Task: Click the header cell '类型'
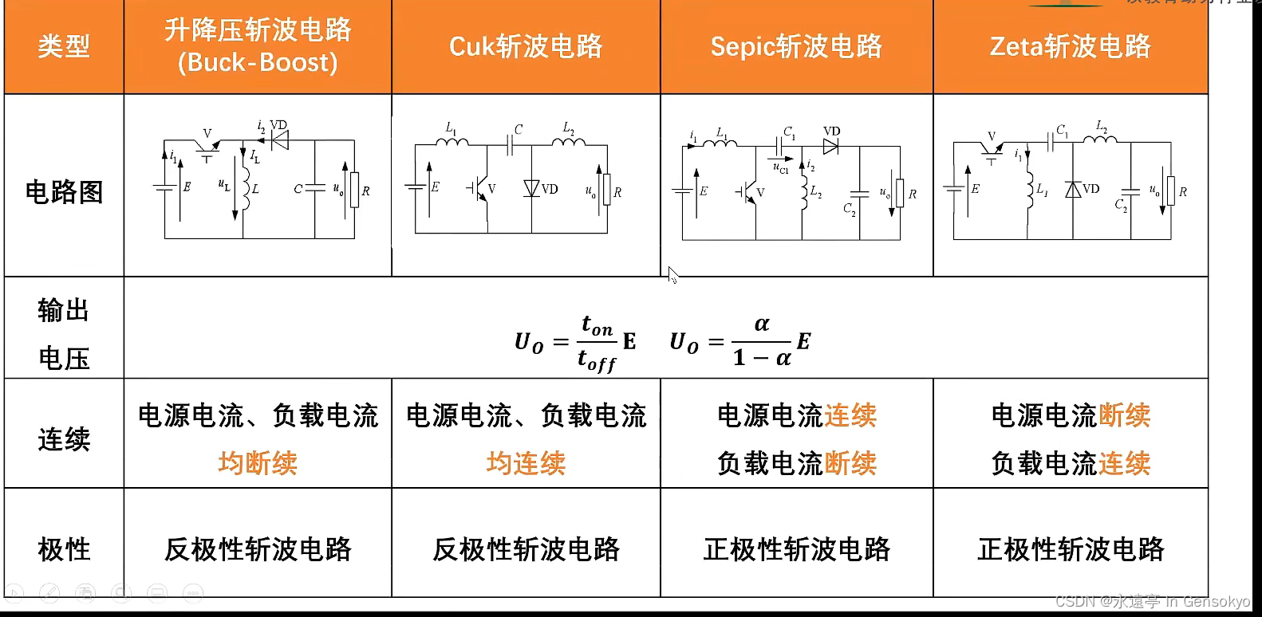64,46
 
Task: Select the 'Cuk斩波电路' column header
526,46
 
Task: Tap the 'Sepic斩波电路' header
796,46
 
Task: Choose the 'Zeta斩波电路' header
1071,46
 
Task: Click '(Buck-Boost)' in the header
258,63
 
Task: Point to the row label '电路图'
64,192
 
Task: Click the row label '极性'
64,549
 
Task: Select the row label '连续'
64,439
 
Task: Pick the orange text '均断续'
258,463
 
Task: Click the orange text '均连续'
526,463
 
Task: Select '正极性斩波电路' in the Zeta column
1071,549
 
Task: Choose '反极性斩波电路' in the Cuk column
526,549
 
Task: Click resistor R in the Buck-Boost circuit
354,190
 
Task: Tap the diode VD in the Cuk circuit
532,189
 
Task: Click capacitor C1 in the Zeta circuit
1052,141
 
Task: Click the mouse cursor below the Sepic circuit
672,276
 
